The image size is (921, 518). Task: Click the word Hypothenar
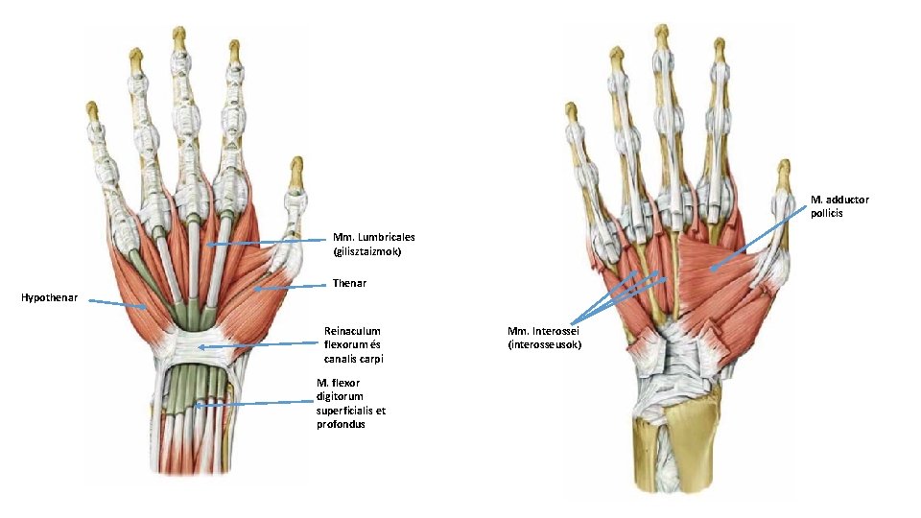(x=50, y=298)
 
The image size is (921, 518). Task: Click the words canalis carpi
(x=354, y=359)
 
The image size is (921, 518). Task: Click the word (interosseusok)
(x=545, y=344)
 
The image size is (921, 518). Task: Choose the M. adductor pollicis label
(x=839, y=205)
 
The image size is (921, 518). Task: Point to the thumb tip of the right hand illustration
(x=785, y=168)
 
